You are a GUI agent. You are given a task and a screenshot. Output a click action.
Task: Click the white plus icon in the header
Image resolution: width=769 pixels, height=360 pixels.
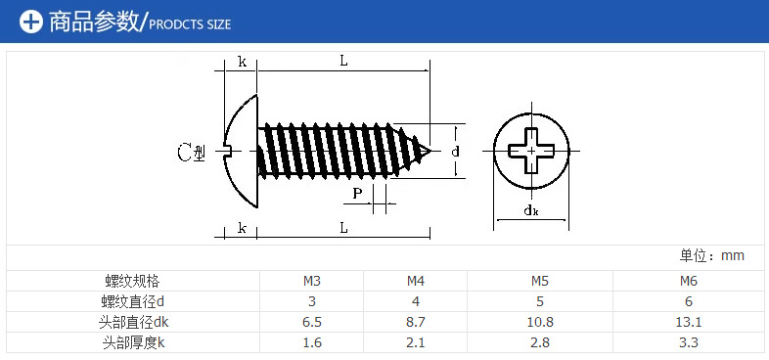pyautogui.click(x=31, y=22)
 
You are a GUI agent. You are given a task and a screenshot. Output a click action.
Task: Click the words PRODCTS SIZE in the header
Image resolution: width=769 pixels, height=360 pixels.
pyautogui.click(x=189, y=24)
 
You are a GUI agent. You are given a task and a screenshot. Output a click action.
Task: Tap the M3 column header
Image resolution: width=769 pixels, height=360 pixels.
pyautogui.click(x=312, y=282)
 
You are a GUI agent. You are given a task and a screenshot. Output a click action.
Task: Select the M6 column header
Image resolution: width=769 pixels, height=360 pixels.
pyautogui.click(x=689, y=282)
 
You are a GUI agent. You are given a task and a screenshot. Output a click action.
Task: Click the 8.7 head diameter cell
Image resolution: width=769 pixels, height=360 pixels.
pyautogui.click(x=416, y=322)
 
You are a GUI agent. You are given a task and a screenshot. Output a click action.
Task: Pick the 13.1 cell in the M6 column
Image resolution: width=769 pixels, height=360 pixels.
pyautogui.click(x=689, y=322)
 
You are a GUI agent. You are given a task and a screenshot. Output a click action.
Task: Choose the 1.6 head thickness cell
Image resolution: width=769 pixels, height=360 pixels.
pyautogui.click(x=312, y=342)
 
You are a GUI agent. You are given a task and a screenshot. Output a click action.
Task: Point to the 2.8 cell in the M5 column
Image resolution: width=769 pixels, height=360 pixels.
pyautogui.click(x=540, y=342)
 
